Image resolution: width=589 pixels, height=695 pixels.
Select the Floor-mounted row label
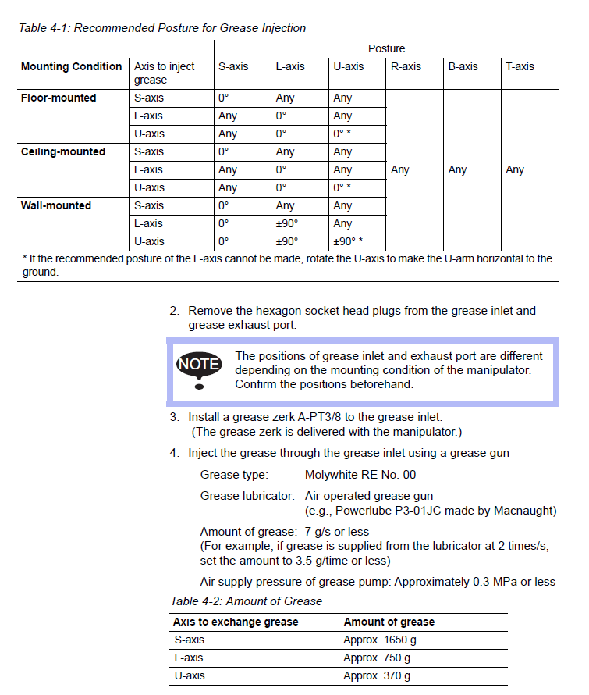tap(59, 98)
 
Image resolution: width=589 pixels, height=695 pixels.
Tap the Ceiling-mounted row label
tap(63, 151)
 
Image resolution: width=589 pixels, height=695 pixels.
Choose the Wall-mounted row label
tap(56, 205)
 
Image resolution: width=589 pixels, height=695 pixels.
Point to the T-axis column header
tap(520, 66)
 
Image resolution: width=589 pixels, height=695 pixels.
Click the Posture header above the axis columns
tap(386, 48)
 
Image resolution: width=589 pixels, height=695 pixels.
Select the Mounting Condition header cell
tap(71, 66)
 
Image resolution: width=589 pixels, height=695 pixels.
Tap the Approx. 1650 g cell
tap(380, 640)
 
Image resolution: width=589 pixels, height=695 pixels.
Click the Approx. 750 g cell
tap(377, 658)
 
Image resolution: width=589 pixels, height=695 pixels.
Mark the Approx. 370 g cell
tap(377, 675)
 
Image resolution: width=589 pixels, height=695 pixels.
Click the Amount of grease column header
tap(389, 622)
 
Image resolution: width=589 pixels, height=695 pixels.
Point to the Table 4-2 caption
tap(247, 601)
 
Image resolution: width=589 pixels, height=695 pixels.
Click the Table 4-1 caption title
tap(162, 28)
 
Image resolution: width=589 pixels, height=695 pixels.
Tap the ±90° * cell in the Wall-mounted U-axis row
tap(348, 241)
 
